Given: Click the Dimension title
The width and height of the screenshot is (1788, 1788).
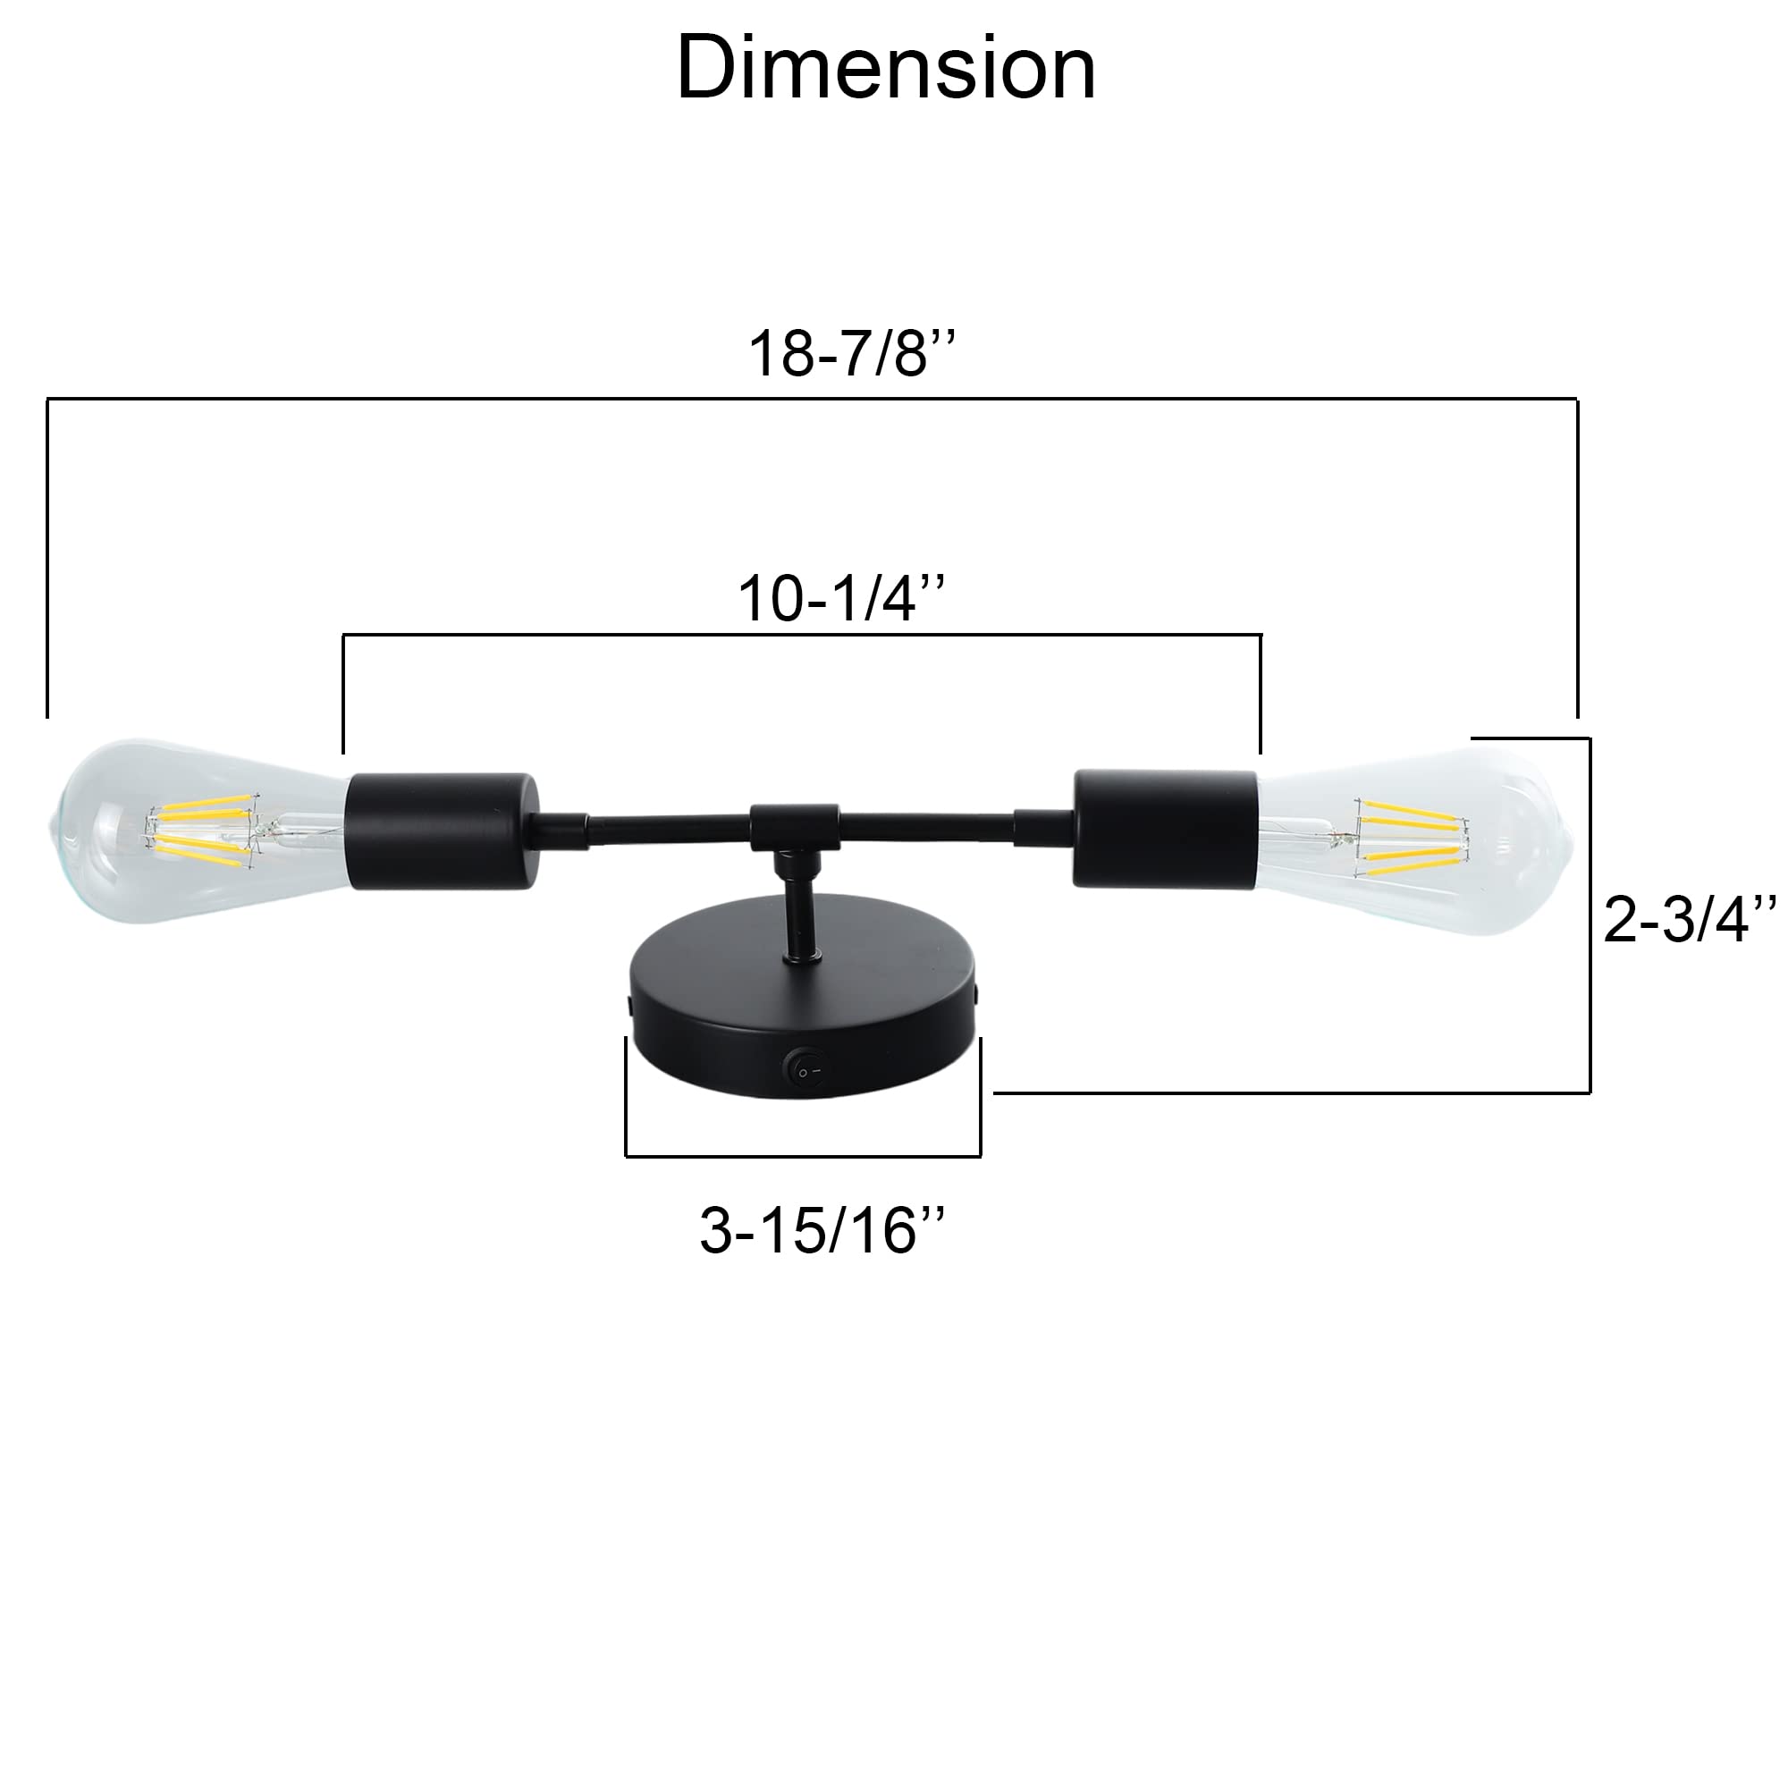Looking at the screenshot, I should click(886, 69).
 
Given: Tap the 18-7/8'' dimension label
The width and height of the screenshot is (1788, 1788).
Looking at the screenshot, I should click(850, 353).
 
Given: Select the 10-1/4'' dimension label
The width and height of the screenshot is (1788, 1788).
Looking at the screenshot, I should click(840, 599).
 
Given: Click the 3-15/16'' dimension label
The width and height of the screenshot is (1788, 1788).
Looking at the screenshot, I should click(822, 1231).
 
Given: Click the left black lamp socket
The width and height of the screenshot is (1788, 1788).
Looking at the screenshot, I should click(442, 831).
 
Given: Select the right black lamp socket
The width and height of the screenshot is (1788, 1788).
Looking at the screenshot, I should click(1165, 830).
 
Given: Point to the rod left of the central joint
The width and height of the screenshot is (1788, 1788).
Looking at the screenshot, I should click(666, 826).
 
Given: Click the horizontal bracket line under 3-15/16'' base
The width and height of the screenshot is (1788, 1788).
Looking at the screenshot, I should click(803, 1156).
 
